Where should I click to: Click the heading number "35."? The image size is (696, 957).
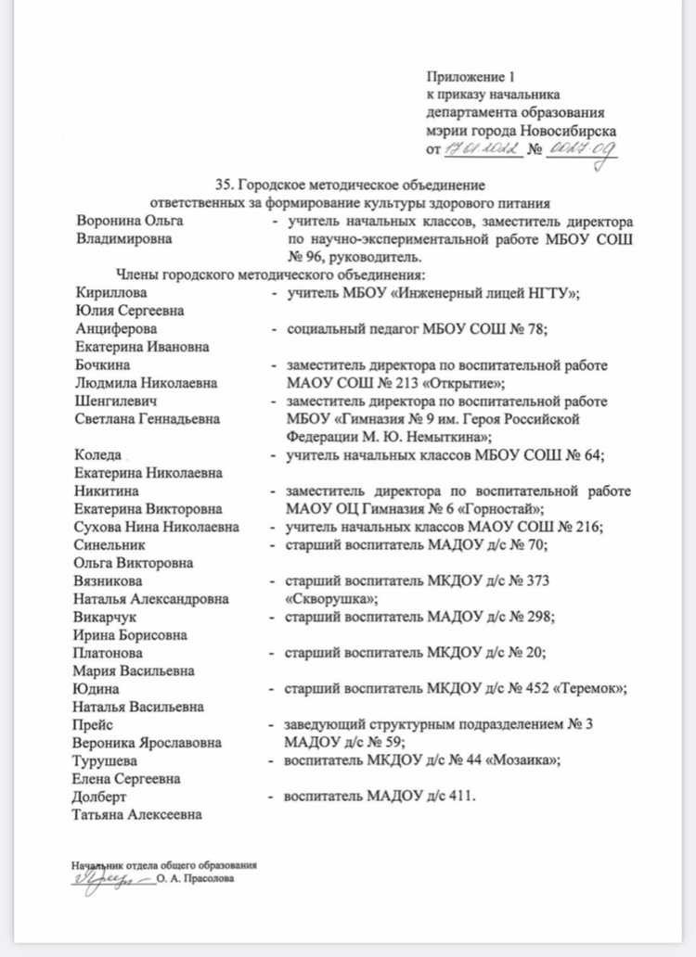coord(226,185)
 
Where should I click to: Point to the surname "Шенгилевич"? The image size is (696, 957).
coord(114,402)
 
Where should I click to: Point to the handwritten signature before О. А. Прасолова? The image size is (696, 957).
coord(104,879)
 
